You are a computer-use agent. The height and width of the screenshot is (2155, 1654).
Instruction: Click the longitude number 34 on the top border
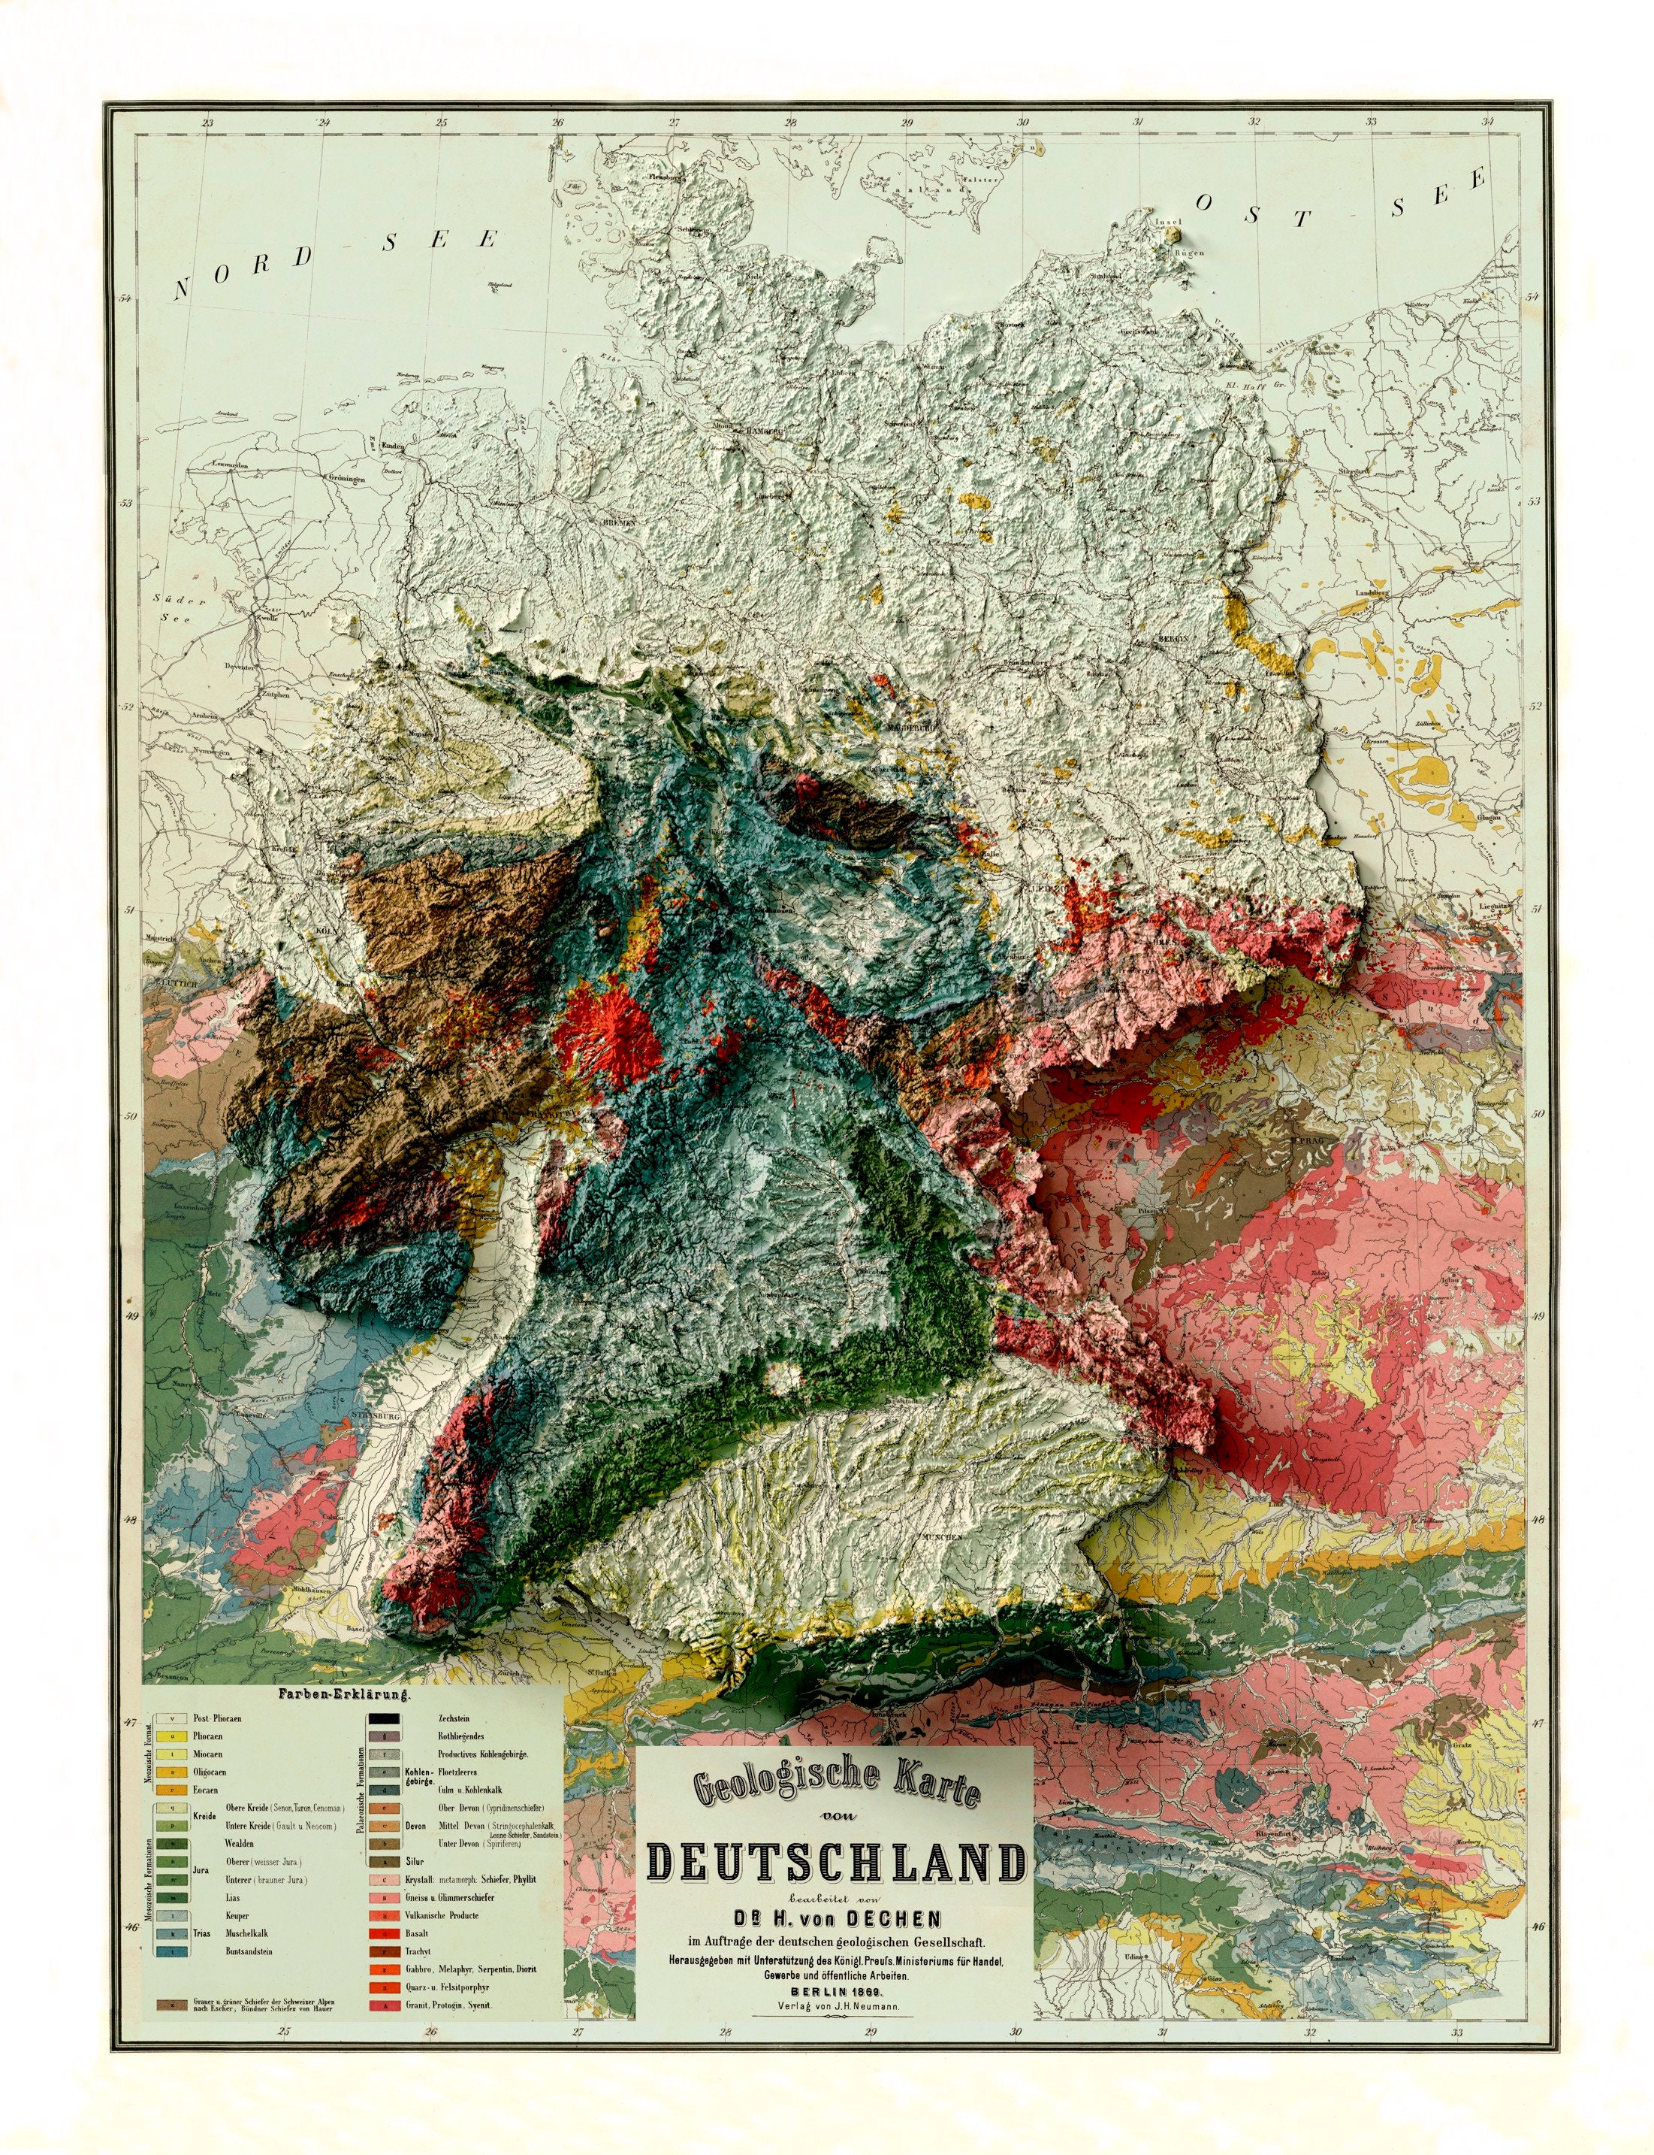(1486, 122)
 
